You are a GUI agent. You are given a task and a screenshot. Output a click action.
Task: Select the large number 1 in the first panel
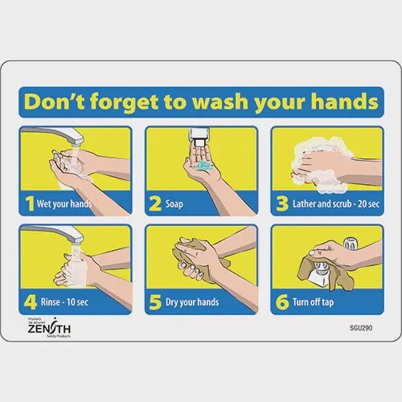point(30,203)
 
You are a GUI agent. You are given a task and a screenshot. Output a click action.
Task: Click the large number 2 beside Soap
point(154,203)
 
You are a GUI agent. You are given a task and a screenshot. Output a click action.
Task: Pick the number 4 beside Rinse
point(30,302)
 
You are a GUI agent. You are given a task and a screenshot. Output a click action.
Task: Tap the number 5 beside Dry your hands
point(154,302)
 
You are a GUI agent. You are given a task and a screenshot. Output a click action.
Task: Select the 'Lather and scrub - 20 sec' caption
point(333,204)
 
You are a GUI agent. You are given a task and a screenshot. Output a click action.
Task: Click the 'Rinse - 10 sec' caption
point(67,303)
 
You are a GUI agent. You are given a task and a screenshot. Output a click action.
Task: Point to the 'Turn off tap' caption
point(317,303)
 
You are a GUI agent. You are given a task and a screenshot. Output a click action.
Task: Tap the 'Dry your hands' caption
point(195,303)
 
